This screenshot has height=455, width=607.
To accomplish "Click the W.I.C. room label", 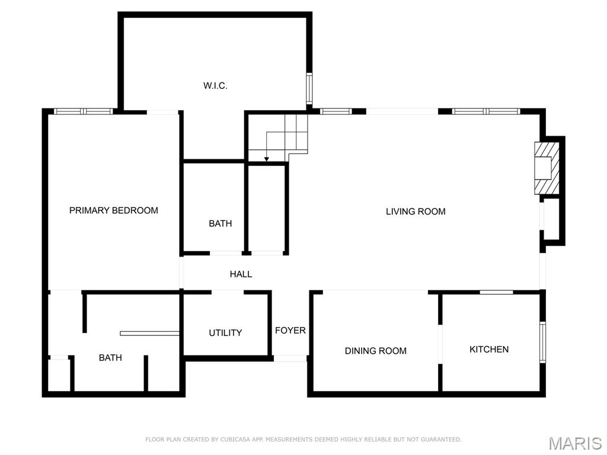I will [x=215, y=86].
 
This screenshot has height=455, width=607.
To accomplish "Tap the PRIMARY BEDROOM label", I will [x=114, y=210].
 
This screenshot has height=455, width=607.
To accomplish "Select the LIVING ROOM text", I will [x=416, y=212].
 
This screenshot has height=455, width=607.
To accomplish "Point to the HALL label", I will [x=241, y=274].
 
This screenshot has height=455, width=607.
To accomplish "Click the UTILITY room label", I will [x=225, y=333].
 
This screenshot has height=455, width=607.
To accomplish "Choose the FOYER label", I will [x=290, y=331].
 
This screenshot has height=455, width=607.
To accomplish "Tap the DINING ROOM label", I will [x=376, y=351].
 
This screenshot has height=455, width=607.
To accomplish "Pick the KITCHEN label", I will [x=489, y=350].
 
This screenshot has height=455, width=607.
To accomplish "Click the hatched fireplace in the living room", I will [x=547, y=168].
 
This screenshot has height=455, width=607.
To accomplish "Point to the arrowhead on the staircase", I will [x=267, y=158].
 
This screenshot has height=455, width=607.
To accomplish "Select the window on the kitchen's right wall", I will [x=542, y=342].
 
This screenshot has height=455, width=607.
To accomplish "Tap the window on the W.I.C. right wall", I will [x=309, y=89].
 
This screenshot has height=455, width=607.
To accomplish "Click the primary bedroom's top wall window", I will [x=83, y=111].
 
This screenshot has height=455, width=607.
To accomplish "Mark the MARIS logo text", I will [x=575, y=443].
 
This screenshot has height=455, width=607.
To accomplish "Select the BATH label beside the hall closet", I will [x=220, y=224].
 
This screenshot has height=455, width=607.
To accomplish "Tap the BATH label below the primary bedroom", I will [x=110, y=358].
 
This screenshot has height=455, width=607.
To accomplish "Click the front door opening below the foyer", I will [x=290, y=358].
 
